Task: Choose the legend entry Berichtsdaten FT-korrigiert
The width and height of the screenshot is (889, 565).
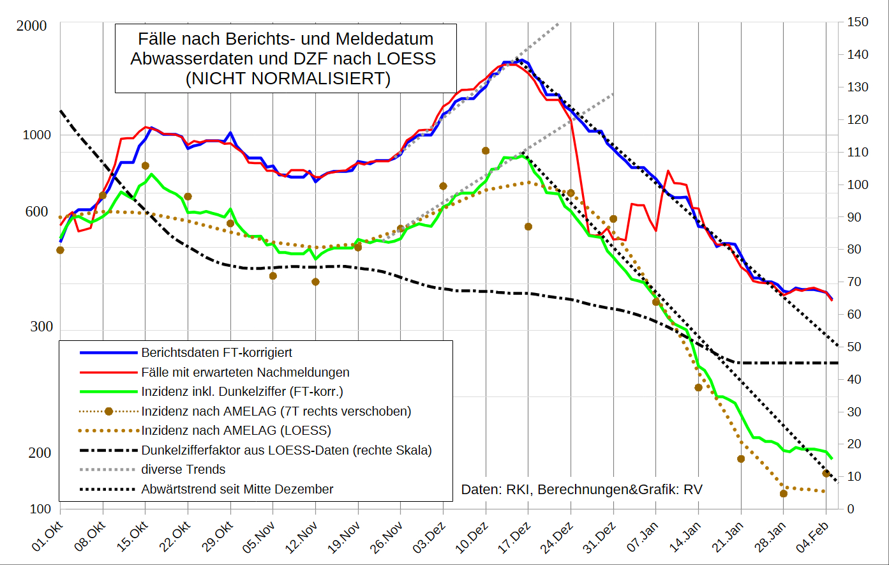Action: tap(216, 352)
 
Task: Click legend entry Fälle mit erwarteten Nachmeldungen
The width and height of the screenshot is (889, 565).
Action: tap(245, 372)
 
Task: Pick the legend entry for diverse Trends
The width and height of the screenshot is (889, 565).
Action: tap(183, 470)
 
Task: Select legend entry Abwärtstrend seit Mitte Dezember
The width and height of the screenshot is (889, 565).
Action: tap(237, 490)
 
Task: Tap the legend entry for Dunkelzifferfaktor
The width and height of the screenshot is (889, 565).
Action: tap(287, 450)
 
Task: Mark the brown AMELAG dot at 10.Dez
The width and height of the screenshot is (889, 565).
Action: tap(486, 151)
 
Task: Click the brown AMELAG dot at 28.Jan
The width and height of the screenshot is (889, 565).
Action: tap(784, 493)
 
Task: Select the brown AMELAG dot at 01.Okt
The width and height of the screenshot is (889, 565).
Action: tap(60, 250)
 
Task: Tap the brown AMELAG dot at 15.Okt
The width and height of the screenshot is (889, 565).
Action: tap(146, 166)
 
